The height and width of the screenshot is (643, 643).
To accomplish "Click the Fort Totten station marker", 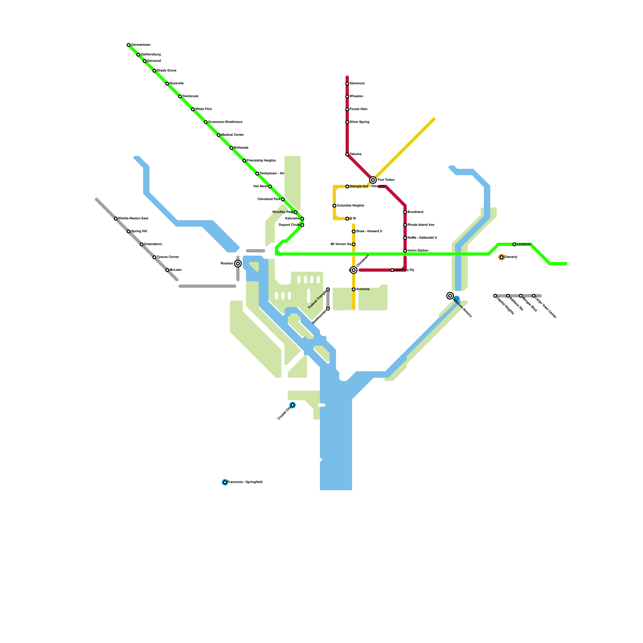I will point(373,180).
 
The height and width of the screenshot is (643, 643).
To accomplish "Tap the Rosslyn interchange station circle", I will point(238,264).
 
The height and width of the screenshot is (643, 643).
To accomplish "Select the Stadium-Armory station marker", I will point(450,296).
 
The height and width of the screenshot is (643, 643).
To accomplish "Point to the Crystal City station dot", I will point(293,405).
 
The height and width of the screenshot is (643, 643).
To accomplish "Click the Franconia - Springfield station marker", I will point(225,482).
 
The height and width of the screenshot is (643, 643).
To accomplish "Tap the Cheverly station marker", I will point(502,257).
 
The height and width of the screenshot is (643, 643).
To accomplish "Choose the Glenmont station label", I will point(357,84).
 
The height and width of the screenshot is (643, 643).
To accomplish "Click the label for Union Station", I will point(418,251).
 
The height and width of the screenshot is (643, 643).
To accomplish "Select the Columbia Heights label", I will point(350,206).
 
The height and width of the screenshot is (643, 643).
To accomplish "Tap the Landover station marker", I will point(514,244).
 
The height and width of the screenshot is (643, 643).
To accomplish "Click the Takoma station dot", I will point(347,154).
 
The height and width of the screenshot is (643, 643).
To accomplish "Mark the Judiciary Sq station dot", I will point(392,270).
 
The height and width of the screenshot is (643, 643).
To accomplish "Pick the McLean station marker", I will point(167,270).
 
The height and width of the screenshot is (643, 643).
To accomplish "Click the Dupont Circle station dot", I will point(302,225).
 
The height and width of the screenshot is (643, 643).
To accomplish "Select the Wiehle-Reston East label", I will point(133,219).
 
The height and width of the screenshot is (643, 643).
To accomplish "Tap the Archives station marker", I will point(354,289).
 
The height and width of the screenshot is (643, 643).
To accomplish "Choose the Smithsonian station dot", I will point(328,309).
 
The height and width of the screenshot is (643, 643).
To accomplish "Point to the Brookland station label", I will point(416,212).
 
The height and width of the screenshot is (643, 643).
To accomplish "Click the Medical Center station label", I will point(232,135).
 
